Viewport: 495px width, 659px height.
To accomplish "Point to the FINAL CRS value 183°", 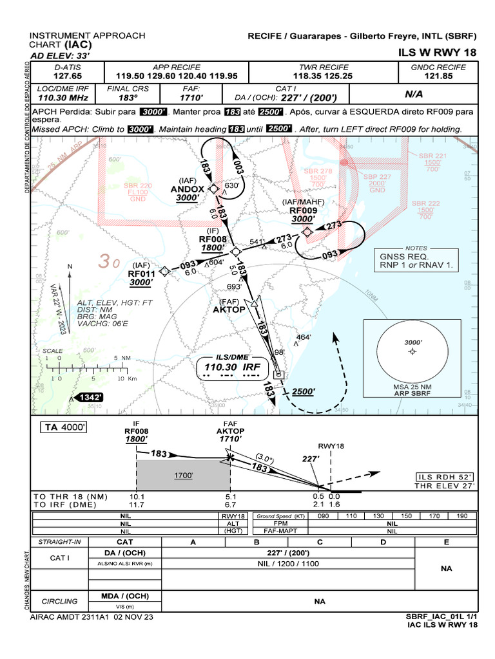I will [x=128, y=98].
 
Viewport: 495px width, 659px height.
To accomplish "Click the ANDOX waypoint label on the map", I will [x=187, y=189].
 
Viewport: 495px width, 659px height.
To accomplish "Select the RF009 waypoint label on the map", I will [x=303, y=210].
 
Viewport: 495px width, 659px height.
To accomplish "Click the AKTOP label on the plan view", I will [x=229, y=310].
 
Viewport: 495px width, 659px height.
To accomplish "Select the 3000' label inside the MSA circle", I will [x=412, y=342].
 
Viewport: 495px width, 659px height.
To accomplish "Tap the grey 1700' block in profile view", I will [x=184, y=476].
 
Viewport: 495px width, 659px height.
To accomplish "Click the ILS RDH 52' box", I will [x=445, y=477].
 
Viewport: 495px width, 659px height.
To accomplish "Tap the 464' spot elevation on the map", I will [x=304, y=337].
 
